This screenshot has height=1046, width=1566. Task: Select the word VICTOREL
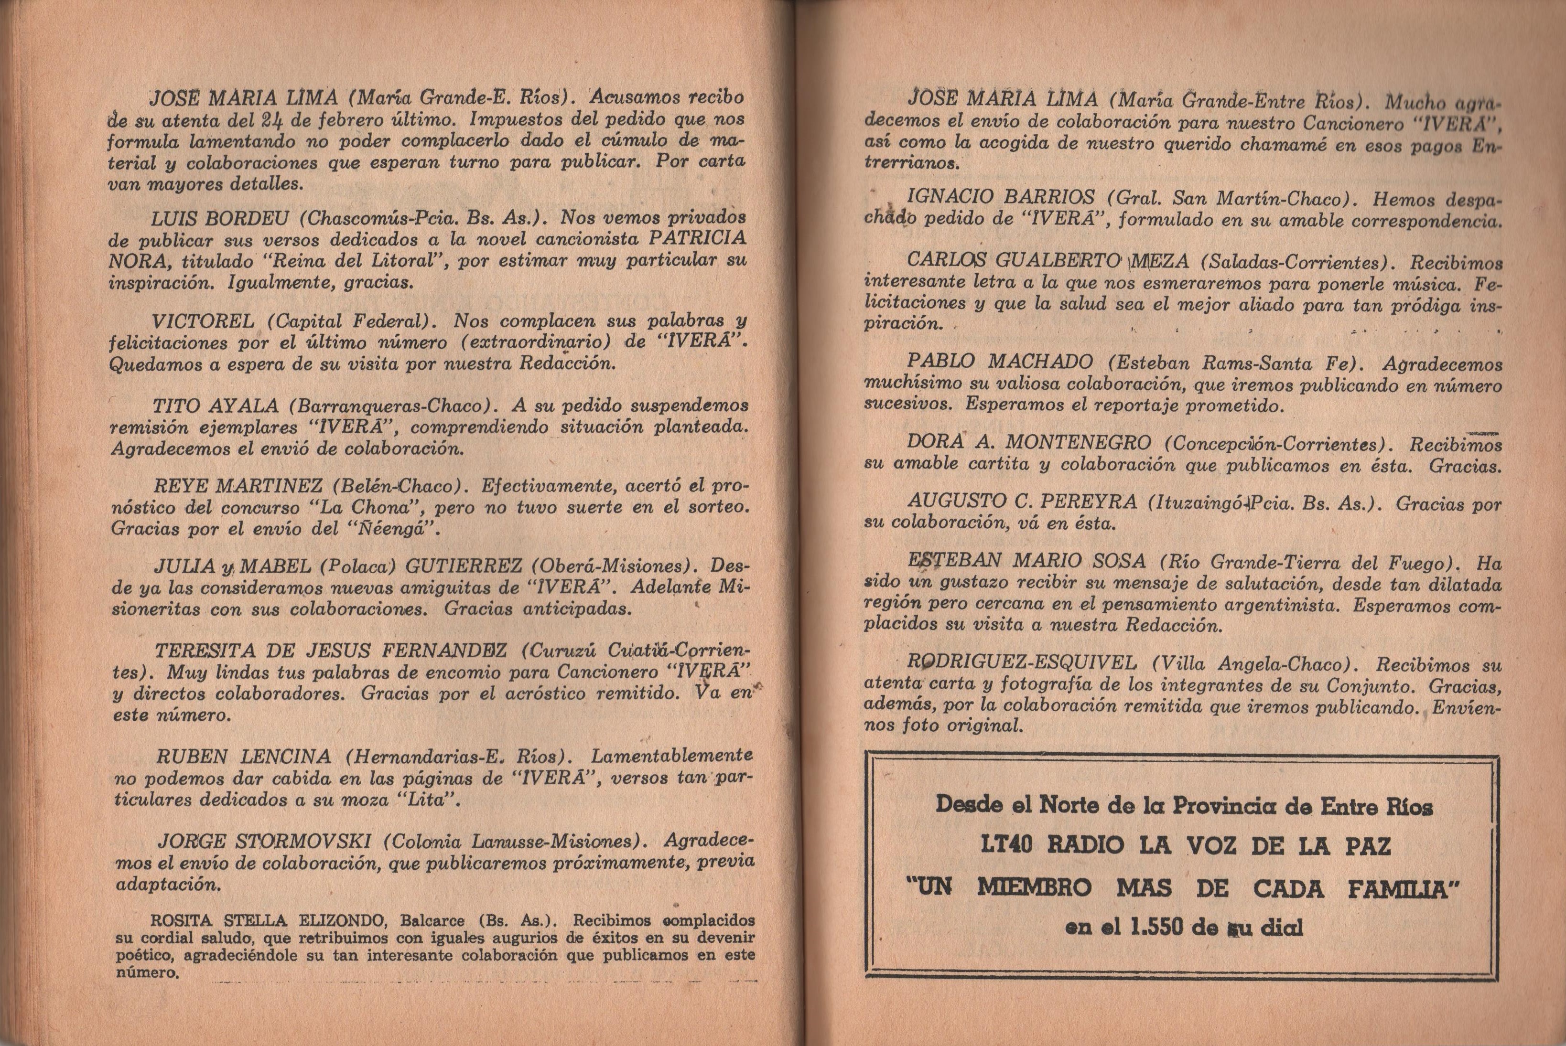(x=203, y=321)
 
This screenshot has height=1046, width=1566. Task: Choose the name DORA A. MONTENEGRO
(x=1028, y=442)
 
